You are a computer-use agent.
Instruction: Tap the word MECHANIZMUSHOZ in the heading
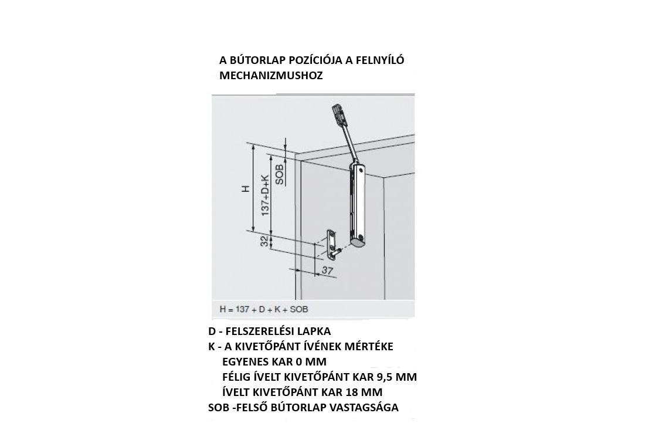(271, 76)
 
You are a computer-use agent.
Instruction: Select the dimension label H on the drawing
(246, 189)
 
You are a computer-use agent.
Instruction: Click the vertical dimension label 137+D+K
(265, 195)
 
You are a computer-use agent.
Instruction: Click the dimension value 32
(264, 242)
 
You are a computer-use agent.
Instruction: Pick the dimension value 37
(327, 270)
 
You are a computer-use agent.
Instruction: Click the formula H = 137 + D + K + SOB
(264, 309)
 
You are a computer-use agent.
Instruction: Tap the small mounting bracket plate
(332, 243)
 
